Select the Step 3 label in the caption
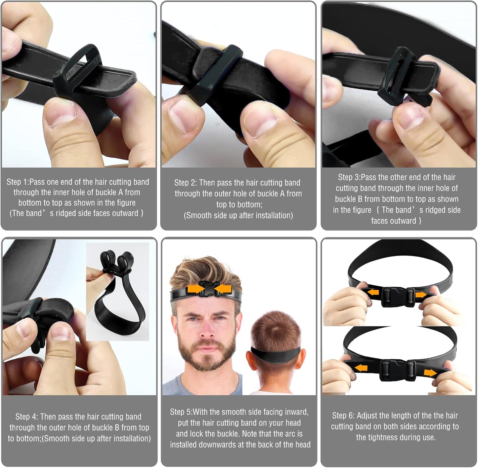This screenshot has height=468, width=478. click(x=349, y=177)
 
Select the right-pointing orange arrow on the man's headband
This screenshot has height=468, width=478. click(x=196, y=289)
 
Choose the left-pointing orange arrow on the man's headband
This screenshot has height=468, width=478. click(x=222, y=289)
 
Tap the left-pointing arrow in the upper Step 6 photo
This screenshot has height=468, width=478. click(x=373, y=292)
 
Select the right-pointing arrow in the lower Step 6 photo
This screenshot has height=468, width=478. click(x=430, y=373)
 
